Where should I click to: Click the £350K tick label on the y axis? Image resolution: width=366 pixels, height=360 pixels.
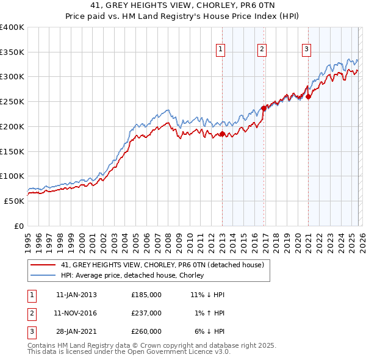click(12, 52)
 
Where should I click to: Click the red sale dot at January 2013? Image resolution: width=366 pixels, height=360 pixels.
click(222, 134)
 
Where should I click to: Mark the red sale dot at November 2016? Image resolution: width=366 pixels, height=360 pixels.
click(264, 108)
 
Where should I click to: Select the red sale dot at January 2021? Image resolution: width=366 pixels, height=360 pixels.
click(309, 96)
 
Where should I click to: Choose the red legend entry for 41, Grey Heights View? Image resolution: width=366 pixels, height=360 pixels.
click(162, 265)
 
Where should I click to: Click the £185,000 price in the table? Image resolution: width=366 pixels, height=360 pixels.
click(146, 295)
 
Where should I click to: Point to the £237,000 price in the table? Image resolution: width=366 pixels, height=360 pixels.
click(146, 313)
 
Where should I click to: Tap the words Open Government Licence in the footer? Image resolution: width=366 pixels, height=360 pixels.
click(173, 352)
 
